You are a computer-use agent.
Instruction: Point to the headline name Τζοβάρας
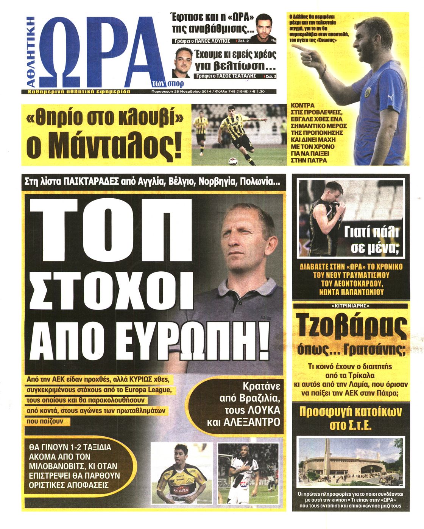click(x=352, y=328)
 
